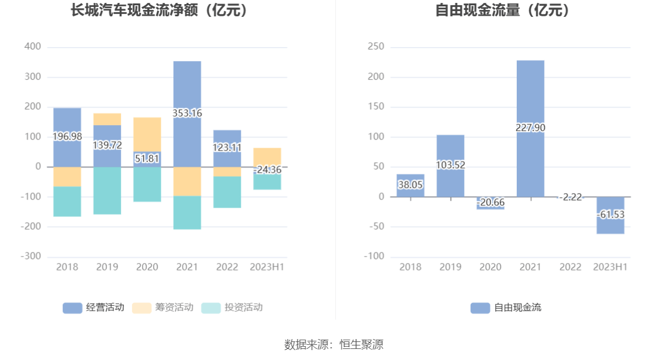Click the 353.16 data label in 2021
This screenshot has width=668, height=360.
click(x=187, y=113)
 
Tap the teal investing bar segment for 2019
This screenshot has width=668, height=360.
click(x=107, y=190)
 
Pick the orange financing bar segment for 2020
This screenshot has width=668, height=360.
click(x=147, y=134)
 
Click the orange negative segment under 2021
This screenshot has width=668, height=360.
click(x=187, y=181)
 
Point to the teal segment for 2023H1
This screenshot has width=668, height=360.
click(x=267, y=181)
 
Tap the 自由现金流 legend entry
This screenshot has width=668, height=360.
click(x=506, y=308)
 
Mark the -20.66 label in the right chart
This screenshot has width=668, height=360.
click(x=490, y=202)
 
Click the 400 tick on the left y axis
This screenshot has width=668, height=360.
click(x=33, y=47)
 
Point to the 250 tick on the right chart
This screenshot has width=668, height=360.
click(x=376, y=47)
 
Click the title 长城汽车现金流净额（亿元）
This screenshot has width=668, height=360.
click(x=159, y=10)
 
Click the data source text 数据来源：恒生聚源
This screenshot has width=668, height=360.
click(x=334, y=344)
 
